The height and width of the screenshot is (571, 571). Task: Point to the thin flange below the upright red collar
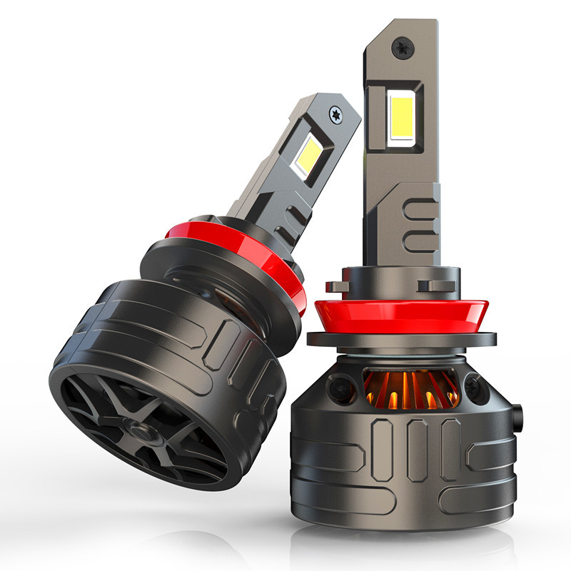pyautogui.click(x=403, y=350)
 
